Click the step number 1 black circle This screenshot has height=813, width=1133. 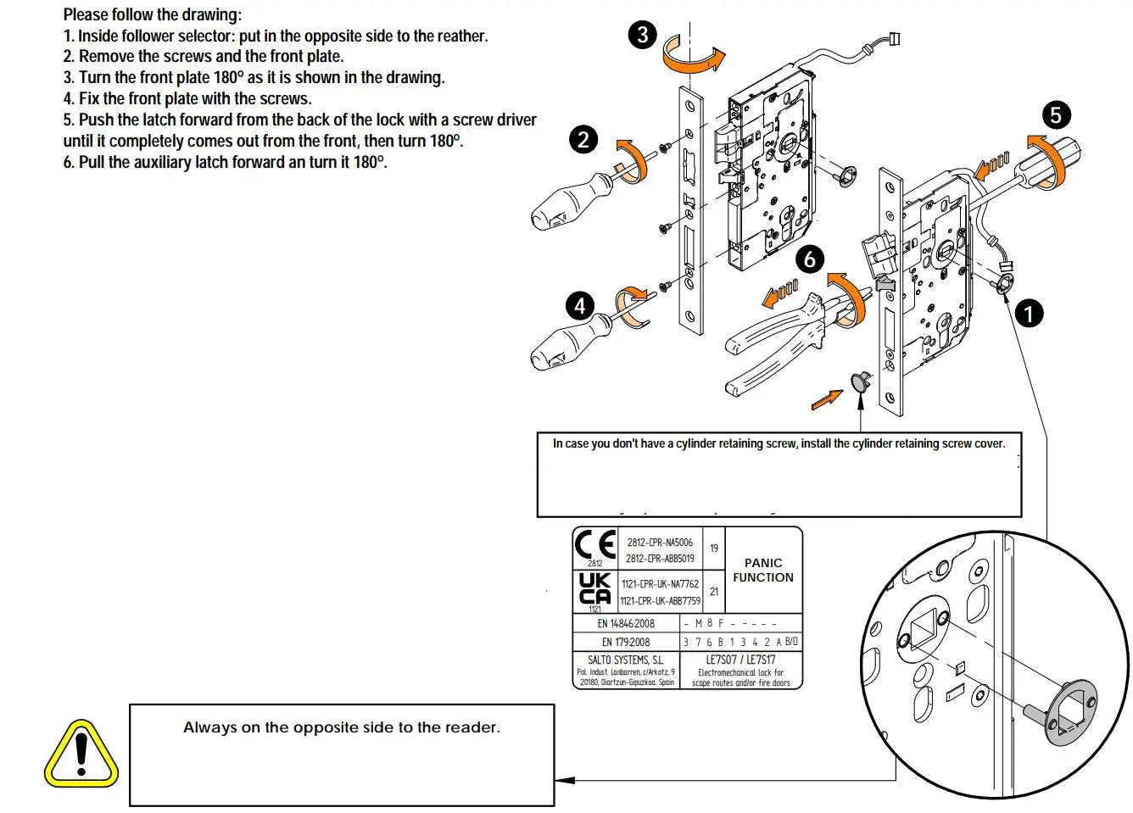pyautogui.click(x=1029, y=314)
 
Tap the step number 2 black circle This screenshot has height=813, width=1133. pyautogui.click(x=583, y=139)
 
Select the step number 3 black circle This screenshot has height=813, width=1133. pyautogui.click(x=643, y=35)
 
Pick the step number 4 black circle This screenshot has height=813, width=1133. pyautogui.click(x=580, y=305)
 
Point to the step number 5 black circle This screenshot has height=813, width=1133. pyautogui.click(x=1056, y=115)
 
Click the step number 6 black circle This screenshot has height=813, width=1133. pyautogui.click(x=810, y=259)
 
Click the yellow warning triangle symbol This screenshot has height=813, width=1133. pyautogui.click(x=81, y=754)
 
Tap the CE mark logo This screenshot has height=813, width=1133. pyautogui.click(x=595, y=544)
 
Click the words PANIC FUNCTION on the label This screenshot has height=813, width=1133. pyautogui.click(x=763, y=570)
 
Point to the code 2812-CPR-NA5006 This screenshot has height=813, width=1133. pyautogui.click(x=660, y=543)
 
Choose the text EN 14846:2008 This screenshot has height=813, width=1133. pyautogui.click(x=626, y=623)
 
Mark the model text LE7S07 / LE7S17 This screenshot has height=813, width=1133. pyautogui.click(x=740, y=660)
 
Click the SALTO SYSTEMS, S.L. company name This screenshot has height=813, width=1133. pyautogui.click(x=626, y=660)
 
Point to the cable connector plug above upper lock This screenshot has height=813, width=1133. pyautogui.click(x=894, y=39)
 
